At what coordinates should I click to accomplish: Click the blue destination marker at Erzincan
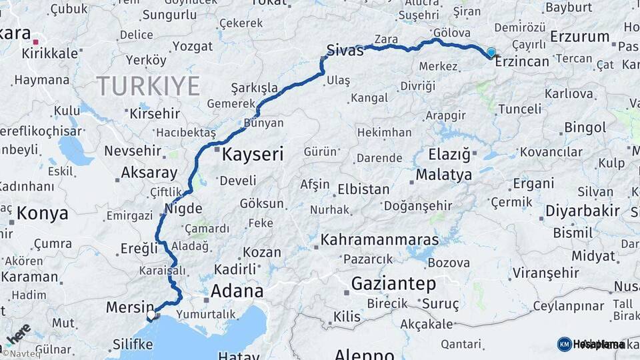pos(491,52)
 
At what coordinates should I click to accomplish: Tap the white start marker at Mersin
pos(151,314)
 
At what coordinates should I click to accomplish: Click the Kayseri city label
pos(252,155)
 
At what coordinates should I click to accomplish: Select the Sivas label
pos(345,50)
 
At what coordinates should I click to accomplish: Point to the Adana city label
pos(237,291)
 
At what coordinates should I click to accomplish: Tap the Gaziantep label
pos(393,283)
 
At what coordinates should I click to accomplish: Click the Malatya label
pos(444,175)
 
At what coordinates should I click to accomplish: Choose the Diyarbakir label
pos(583,211)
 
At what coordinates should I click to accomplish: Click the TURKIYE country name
pos(148,86)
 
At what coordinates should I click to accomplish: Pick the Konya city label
pos(42,213)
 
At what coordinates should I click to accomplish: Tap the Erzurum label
pos(579,37)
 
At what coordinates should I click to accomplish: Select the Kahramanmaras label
pos(379,239)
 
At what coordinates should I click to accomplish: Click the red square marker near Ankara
pos(35,41)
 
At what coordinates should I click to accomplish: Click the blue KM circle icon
pos(564,344)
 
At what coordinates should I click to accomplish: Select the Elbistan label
pos(363,189)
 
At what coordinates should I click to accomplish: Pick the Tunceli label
pos(519,109)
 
